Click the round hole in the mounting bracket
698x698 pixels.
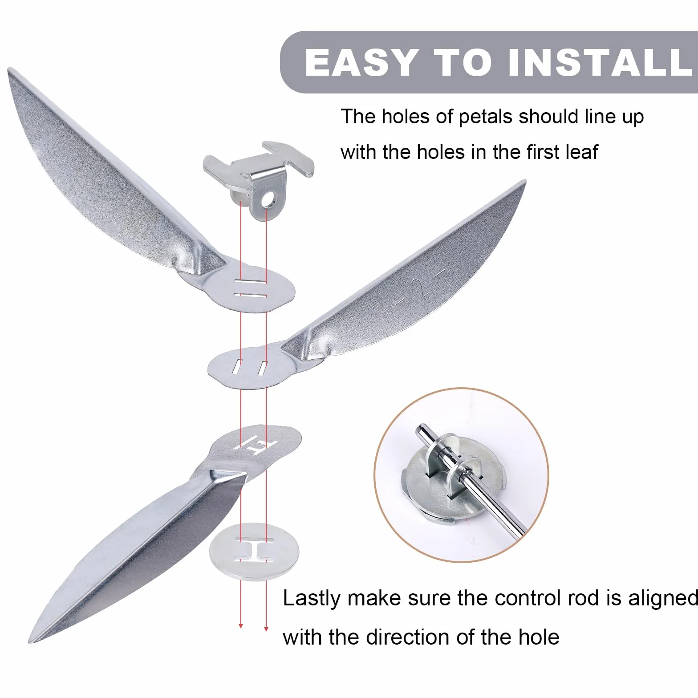(268, 202)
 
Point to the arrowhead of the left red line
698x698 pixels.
(241, 625)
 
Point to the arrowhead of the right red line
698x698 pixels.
(266, 629)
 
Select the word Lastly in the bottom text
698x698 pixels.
(312, 598)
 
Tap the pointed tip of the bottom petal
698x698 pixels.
(30, 642)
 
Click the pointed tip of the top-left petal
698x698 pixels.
(9, 69)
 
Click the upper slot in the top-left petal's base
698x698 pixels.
(251, 282)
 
